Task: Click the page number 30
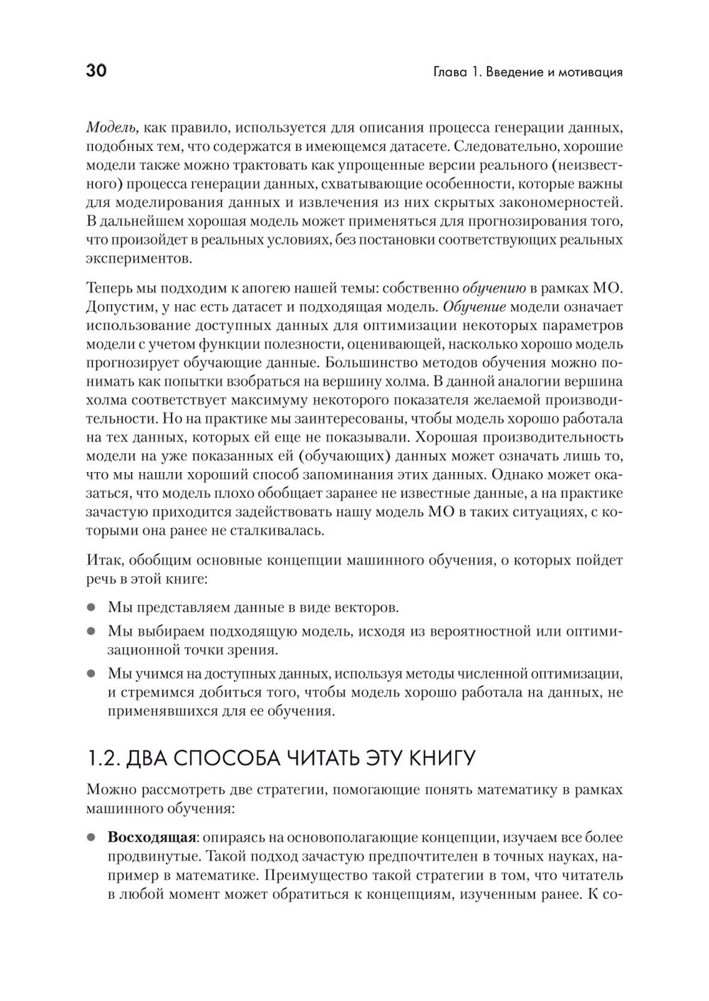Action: (96, 71)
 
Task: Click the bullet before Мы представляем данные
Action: (91, 608)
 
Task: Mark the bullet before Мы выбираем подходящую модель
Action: (91, 630)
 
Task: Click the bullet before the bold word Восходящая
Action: (91, 837)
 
